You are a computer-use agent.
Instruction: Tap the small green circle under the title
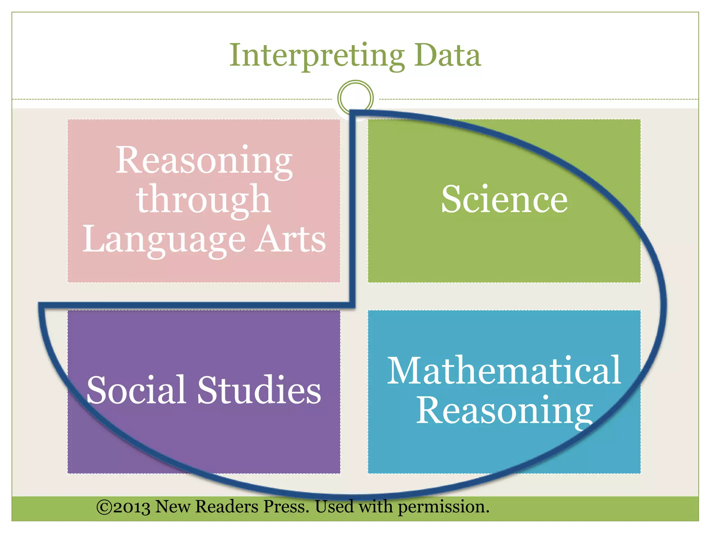(355, 98)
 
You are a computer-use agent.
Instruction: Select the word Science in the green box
(504, 199)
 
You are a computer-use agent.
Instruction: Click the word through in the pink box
(203, 200)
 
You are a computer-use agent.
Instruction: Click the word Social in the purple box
(136, 390)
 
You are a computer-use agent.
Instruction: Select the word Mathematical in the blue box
(504, 371)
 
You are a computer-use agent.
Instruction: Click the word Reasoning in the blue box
(504, 411)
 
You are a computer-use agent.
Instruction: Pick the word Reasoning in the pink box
(204, 160)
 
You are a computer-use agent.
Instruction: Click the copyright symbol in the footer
(103, 507)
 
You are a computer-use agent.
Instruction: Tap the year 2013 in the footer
(132, 507)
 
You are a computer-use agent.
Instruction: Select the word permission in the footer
(443, 507)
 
